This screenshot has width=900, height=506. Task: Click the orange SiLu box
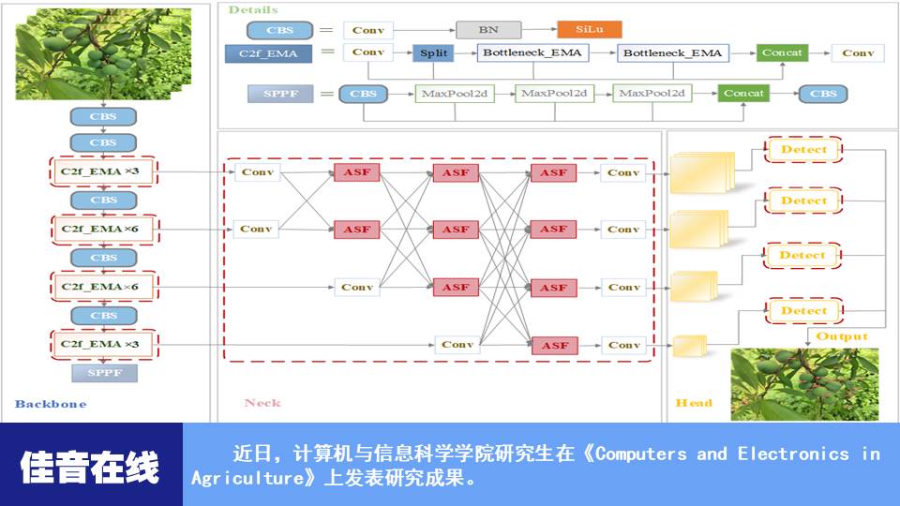[x=590, y=30]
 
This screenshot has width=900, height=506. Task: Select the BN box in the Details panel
[x=488, y=30]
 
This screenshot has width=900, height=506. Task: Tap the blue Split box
[x=433, y=53]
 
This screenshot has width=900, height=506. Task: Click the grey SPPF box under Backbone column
[x=104, y=373]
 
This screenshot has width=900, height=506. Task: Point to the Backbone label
[x=51, y=404]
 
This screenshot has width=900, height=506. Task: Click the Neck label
[x=262, y=403]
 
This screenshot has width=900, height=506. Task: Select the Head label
[x=694, y=403]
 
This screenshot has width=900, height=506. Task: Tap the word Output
[x=842, y=336]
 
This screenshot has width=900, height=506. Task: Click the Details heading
[x=253, y=9]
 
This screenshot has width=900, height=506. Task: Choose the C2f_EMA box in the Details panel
[x=268, y=53]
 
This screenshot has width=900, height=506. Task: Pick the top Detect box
[x=803, y=149]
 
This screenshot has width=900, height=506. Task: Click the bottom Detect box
[x=803, y=311]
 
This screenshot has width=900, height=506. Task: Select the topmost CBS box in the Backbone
[x=103, y=117]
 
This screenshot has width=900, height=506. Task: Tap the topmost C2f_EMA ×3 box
[x=104, y=171]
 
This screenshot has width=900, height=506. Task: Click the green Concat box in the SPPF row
[x=743, y=94]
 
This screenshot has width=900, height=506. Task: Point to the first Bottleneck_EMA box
[x=532, y=53]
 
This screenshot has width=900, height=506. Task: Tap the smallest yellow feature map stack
[x=690, y=346]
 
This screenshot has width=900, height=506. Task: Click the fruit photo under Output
[x=804, y=383]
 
